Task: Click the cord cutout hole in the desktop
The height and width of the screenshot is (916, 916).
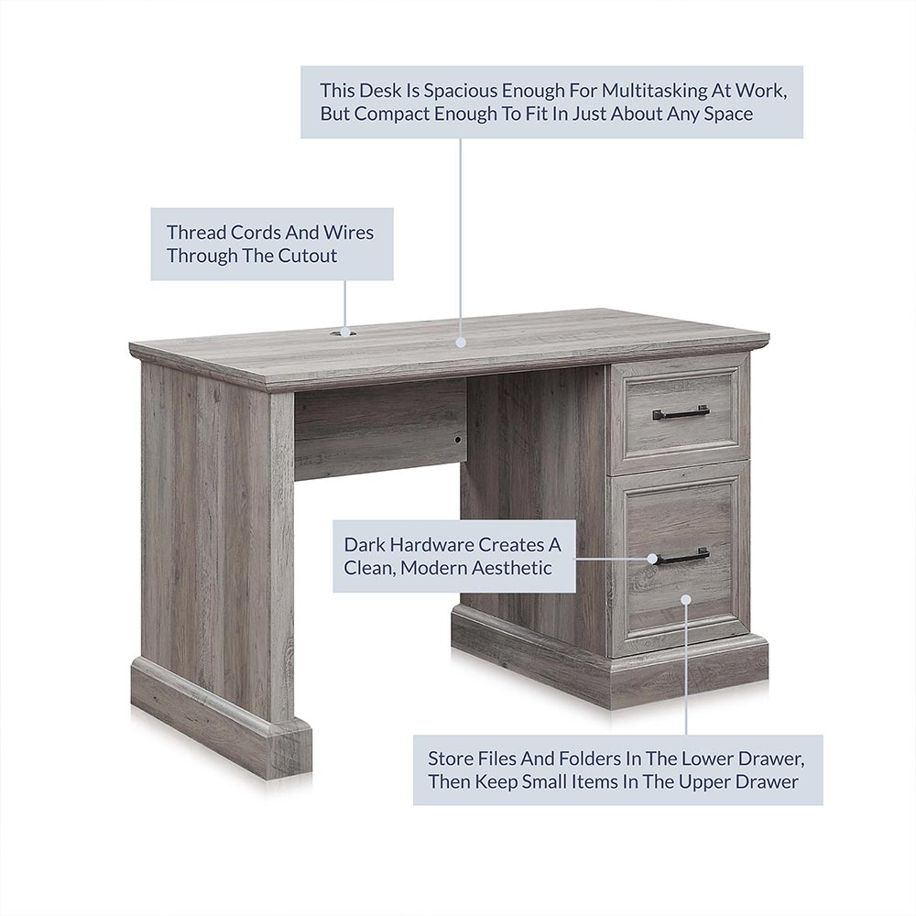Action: pyautogui.click(x=344, y=333)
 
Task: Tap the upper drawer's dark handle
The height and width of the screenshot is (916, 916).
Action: pyautogui.click(x=682, y=413)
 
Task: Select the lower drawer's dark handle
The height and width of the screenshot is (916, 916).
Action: pyautogui.click(x=682, y=557)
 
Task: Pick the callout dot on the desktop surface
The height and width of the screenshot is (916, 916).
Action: pyautogui.click(x=461, y=343)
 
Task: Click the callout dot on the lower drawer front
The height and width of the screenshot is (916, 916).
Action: pyautogui.click(x=686, y=599)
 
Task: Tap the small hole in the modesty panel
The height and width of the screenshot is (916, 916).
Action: pyautogui.click(x=457, y=440)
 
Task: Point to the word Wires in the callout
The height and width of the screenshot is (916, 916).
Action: pyautogui.click(x=348, y=233)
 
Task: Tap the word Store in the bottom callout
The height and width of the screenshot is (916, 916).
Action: pyautogui.click(x=451, y=758)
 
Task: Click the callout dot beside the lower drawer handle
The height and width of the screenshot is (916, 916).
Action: pyautogui.click(x=652, y=559)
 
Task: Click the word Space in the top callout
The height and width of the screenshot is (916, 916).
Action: pyautogui.click(x=728, y=114)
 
